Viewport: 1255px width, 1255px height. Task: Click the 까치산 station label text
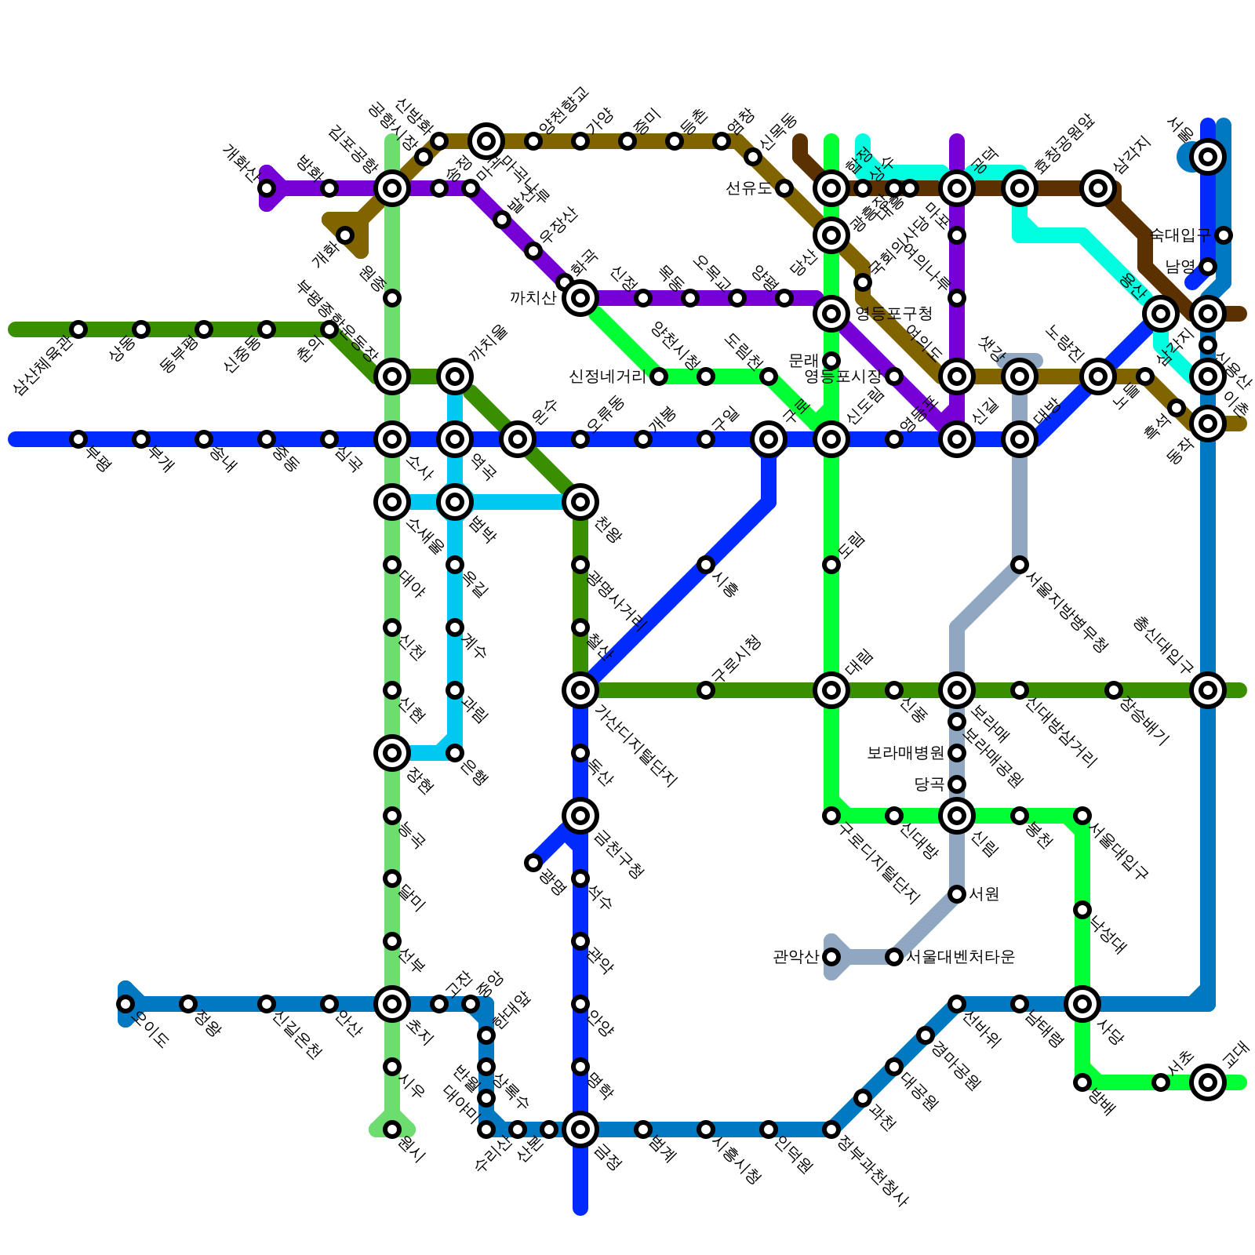coord(533,298)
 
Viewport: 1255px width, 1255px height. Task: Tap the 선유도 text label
coord(749,188)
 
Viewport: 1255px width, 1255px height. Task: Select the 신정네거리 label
coord(607,376)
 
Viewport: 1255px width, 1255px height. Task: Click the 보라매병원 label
coord(905,753)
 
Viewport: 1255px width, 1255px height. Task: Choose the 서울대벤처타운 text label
coord(961,957)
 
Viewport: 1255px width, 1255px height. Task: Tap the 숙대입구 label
coord(1180,235)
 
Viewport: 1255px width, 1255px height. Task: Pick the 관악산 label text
coord(795,957)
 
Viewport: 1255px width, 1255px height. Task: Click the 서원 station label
coord(984,894)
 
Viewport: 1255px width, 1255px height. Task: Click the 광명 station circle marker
coord(533,863)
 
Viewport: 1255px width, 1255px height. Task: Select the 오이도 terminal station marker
coord(125,1004)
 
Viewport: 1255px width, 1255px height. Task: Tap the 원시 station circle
coord(392,1129)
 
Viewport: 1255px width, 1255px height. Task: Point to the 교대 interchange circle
coord(1208,1082)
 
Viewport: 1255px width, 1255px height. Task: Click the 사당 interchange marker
coord(1082,1003)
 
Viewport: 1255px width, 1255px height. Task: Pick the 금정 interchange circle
coord(580,1129)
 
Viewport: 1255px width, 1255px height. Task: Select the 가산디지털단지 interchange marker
coord(580,690)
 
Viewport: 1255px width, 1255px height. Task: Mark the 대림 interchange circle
coord(831,690)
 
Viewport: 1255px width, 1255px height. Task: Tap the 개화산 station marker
coord(267,188)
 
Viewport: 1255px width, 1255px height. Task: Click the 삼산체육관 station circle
coord(78,329)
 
